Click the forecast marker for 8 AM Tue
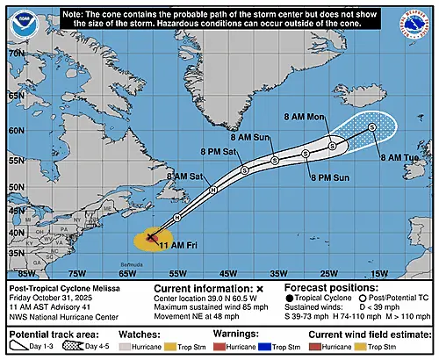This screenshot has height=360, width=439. coord(372,127)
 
